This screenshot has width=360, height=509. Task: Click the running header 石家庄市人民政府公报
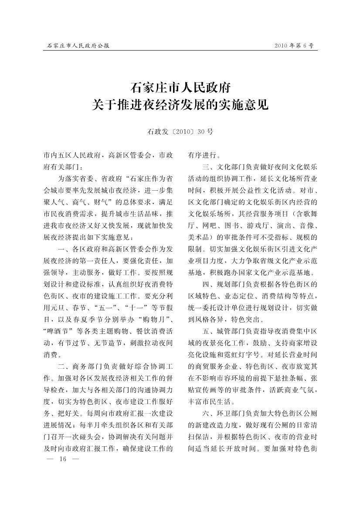(78, 45)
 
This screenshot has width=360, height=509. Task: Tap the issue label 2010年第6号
(294, 45)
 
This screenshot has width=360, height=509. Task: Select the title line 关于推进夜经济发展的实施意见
(180, 104)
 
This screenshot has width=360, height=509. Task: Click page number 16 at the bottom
(62, 459)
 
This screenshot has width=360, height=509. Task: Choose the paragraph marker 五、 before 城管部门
(209, 331)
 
